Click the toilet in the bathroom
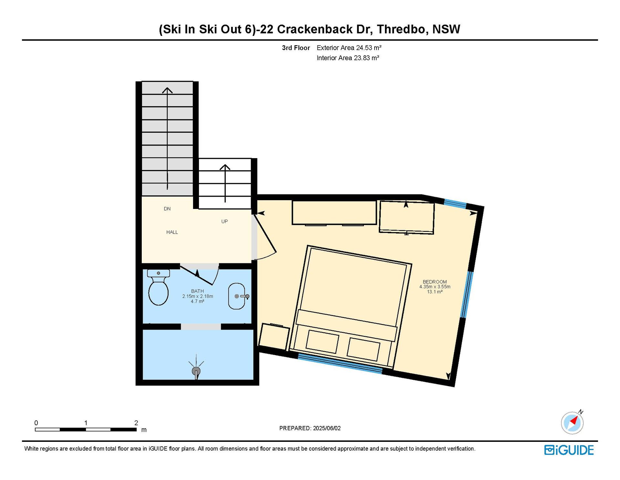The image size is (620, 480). click(x=158, y=287)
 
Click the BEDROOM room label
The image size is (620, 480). click(x=435, y=282)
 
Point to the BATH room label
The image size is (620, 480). click(x=197, y=291)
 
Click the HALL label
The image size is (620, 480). click(x=172, y=232)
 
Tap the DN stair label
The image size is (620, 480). click(x=167, y=209)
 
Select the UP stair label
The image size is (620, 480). click(x=224, y=222)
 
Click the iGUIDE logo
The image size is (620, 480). click(x=569, y=450)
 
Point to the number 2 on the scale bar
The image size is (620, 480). click(x=136, y=423)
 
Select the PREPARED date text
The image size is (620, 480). click(x=310, y=428)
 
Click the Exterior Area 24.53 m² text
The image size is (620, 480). click(x=349, y=48)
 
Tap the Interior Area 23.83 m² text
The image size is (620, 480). click(x=348, y=58)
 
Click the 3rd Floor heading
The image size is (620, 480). click(x=296, y=48)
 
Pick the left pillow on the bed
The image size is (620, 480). click(x=322, y=342)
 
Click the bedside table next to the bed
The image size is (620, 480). click(x=274, y=337)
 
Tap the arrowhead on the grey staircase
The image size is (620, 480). click(x=167, y=90)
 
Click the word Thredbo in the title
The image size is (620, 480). click(x=403, y=29)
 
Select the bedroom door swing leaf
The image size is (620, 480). click(x=265, y=233)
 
